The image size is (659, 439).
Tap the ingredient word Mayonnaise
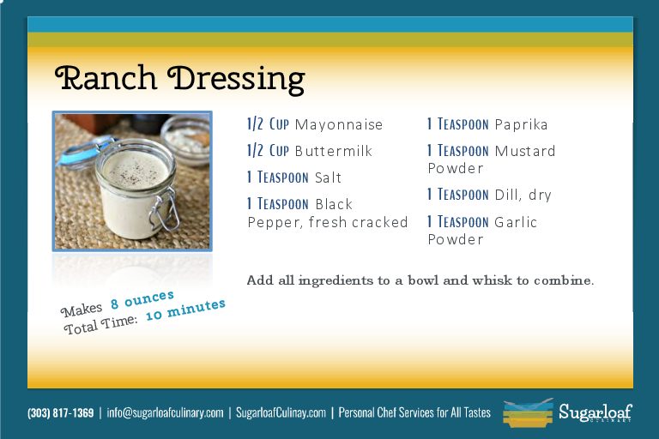339,125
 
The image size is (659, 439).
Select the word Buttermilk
334,151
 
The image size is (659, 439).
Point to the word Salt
328,177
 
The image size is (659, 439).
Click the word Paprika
521,125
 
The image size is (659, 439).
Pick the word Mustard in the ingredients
525,151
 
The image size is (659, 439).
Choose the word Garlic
516,222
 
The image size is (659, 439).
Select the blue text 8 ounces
142,299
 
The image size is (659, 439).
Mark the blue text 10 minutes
185,310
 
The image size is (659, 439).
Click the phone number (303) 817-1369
61,413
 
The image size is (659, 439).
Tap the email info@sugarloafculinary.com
165,413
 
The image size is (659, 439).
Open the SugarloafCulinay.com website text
281,413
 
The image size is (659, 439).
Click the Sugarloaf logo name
596,412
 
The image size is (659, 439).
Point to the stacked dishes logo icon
528,413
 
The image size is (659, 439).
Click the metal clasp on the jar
164,210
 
